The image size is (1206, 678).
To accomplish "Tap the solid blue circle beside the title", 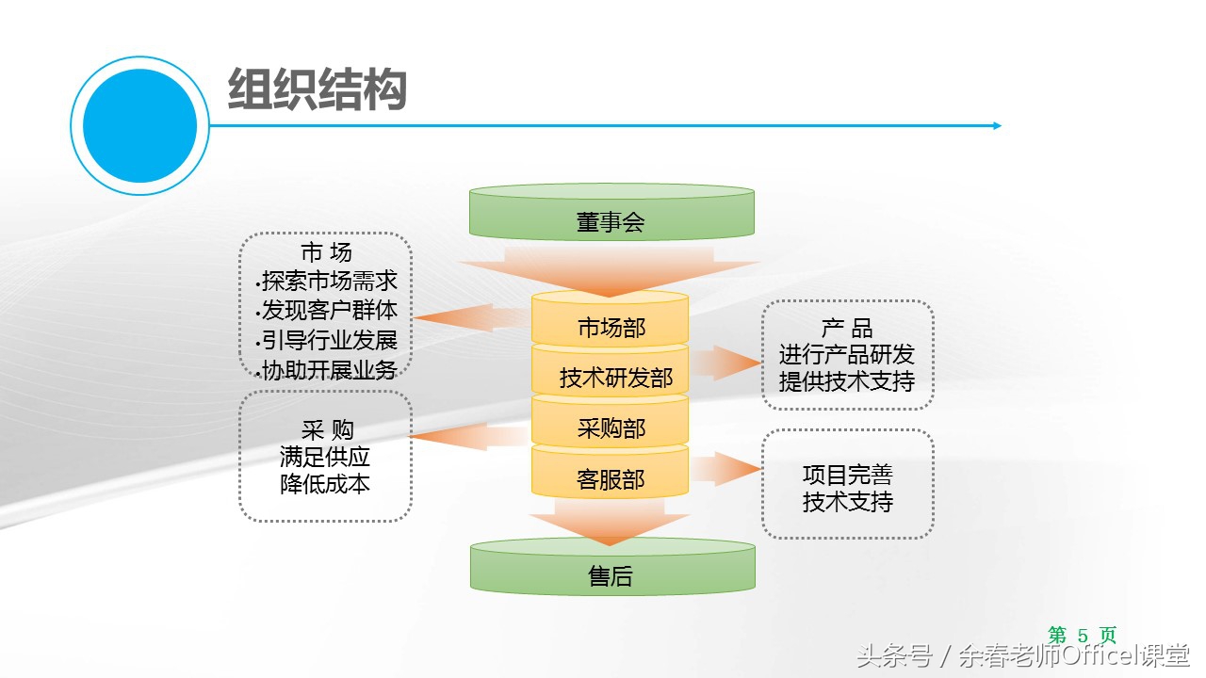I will point(139,125).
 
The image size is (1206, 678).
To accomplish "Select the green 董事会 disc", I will point(611,216).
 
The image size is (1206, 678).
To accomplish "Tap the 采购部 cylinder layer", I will point(611,427).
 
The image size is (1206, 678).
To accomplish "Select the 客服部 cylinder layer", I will point(611,477).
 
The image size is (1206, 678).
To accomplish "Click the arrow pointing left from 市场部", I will point(462,317).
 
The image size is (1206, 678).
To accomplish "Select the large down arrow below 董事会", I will point(611,270).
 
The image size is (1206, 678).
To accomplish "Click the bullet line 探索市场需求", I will point(330,281).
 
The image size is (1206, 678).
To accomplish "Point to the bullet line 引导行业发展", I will point(330,340).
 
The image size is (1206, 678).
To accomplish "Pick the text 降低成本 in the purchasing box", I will point(325,484).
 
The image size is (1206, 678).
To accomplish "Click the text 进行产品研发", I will point(846,355).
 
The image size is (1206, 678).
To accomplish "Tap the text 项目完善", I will point(847,475).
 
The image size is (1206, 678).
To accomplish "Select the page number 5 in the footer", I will point(1083,636).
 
